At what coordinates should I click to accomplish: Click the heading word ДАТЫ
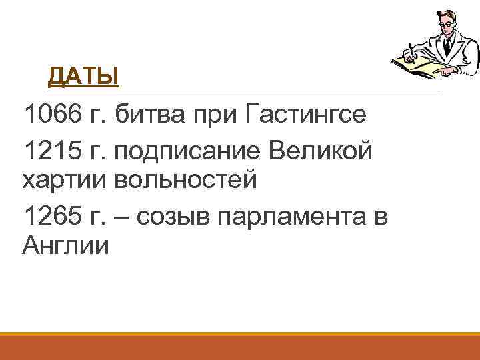[x=83, y=77]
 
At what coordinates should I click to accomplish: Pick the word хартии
[x=64, y=179]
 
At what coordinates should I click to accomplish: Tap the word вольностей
[x=186, y=179]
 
